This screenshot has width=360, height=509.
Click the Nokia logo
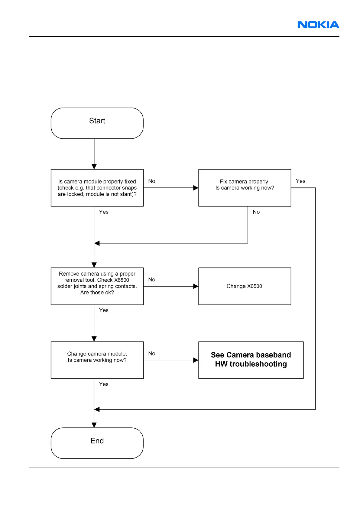(318, 25)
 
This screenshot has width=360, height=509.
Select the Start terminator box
(97, 123)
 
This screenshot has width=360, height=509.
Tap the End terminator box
(97, 443)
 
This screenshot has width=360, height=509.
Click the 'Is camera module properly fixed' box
(97, 188)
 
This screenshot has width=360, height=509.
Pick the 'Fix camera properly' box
(245, 188)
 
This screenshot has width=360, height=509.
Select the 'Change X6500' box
(245, 286)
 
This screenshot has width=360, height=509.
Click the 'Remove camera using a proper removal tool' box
(97, 286)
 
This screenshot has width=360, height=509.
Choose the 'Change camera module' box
(97, 360)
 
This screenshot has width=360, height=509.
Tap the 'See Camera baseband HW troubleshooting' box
(251, 360)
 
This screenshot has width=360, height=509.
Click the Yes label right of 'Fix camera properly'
(300, 181)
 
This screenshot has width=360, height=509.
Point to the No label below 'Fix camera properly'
(256, 212)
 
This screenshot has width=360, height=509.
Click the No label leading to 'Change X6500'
(152, 280)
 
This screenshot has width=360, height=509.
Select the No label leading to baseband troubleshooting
(152, 353)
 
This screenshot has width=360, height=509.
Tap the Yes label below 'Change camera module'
(104, 384)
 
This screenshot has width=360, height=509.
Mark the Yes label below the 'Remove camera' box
(104, 310)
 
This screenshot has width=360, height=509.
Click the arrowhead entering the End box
(94, 425)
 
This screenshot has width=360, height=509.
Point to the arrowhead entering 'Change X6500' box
(196, 286)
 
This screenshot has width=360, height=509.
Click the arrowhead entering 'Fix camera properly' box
(196, 188)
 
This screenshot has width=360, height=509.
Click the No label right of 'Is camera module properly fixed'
(152, 181)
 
